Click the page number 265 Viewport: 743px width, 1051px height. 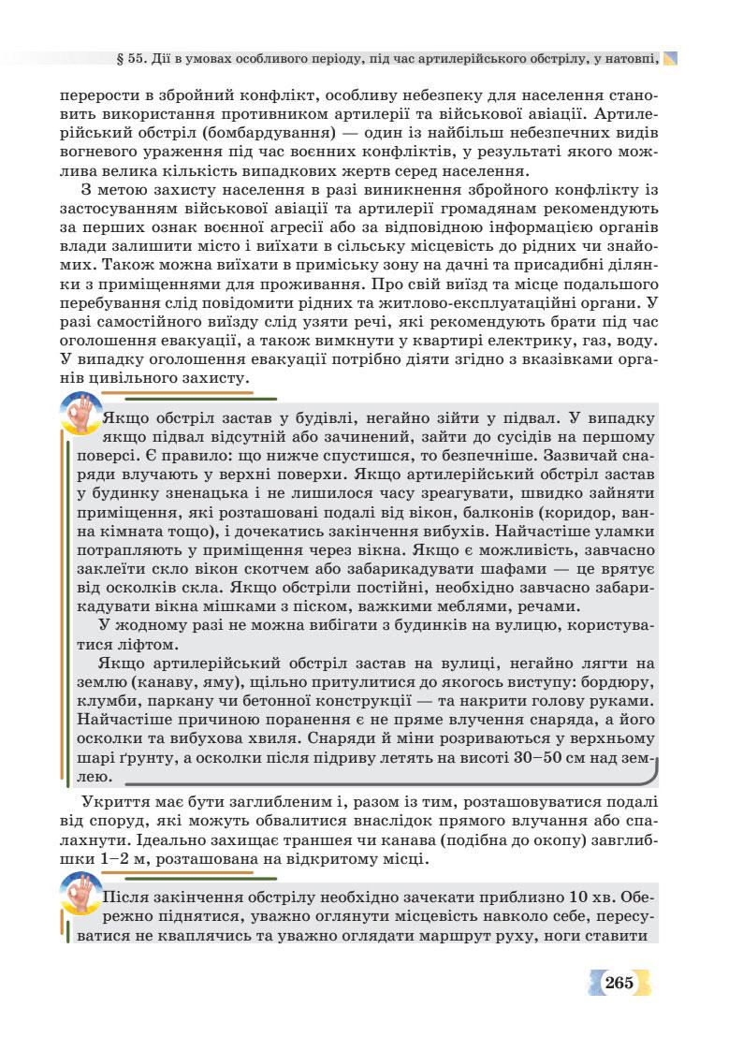tap(619, 983)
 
